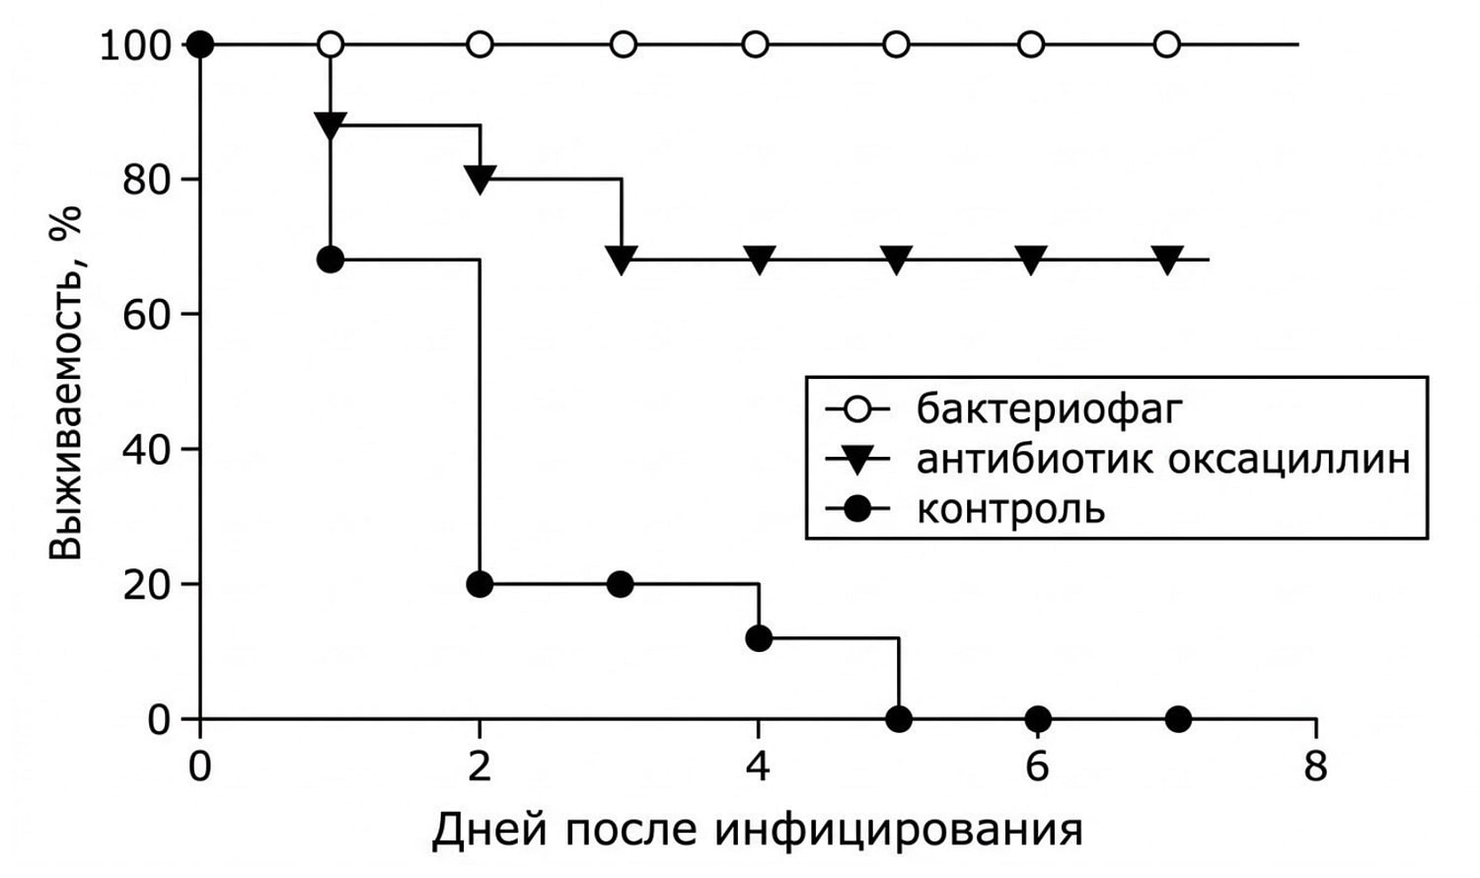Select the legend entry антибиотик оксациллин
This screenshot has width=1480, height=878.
[x=1163, y=459]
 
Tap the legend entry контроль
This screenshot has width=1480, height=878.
[x=1011, y=509]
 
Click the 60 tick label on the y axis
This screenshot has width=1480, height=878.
[x=145, y=313]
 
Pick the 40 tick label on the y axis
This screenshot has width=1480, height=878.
[x=145, y=449]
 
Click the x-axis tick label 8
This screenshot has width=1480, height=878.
[x=1315, y=768]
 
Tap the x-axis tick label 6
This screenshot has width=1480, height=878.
[x=1037, y=768]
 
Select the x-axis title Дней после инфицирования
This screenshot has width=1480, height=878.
[x=757, y=830]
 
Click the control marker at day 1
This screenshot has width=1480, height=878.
[x=331, y=260]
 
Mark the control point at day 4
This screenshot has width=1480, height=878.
[x=759, y=638]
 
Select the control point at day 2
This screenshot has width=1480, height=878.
[x=480, y=584]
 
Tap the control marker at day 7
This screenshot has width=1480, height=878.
[x=1178, y=719]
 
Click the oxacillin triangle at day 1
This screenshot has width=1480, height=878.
[x=331, y=125]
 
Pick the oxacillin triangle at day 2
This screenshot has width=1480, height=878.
[x=480, y=180]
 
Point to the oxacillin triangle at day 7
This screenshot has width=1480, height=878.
[x=1167, y=260]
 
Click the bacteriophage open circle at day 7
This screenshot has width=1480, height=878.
[x=1167, y=45]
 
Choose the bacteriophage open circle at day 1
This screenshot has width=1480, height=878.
[x=331, y=45]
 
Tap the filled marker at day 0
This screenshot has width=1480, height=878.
[x=200, y=45]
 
